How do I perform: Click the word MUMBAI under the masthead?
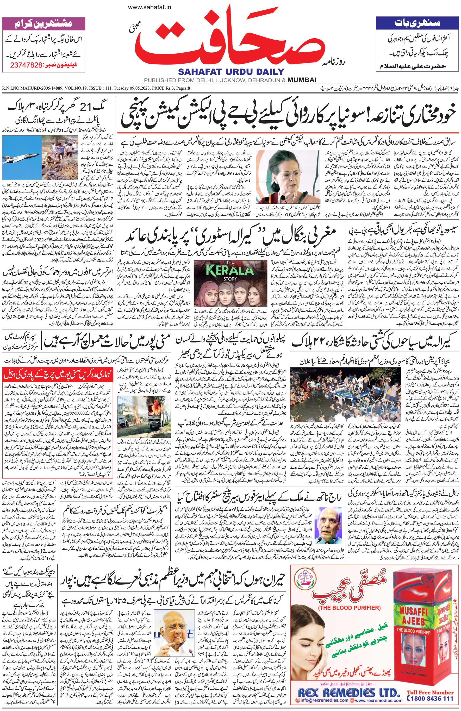302,80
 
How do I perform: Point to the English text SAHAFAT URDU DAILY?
231,71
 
